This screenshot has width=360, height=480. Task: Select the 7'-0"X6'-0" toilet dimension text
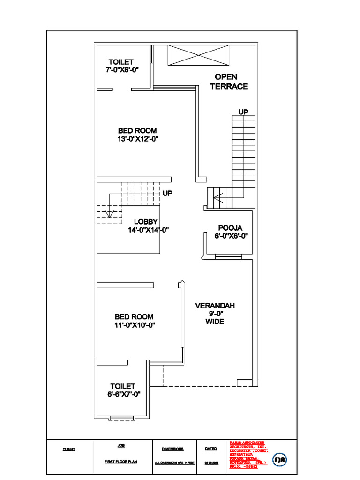click(121, 70)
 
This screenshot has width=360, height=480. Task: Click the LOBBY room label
click(146, 221)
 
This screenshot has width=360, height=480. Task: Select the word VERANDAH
click(215, 306)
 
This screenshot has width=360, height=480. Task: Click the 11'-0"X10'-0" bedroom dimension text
click(135, 325)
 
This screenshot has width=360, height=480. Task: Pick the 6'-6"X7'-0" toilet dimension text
click(123, 394)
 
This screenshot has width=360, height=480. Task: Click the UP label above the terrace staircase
click(243, 112)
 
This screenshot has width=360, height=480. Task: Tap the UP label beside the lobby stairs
click(167, 193)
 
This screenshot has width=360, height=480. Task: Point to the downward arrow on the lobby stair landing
click(109, 213)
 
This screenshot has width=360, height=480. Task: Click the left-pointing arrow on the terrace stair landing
click(218, 197)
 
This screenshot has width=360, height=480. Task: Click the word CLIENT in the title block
click(69, 449)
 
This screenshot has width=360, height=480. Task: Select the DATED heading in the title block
click(210, 449)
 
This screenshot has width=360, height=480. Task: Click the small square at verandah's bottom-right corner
click(244, 383)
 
